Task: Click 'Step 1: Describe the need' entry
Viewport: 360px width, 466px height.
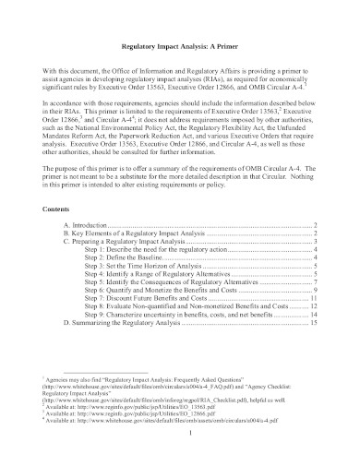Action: [157, 249]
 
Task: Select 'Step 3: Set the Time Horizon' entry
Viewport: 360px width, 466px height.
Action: [147, 266]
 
